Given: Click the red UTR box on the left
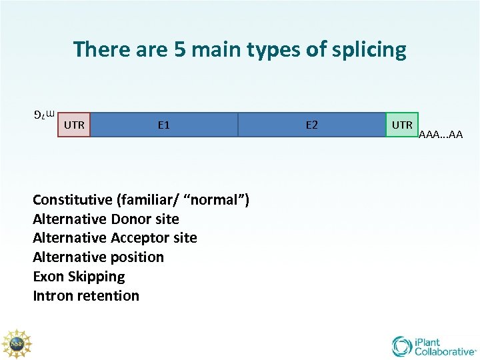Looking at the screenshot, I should pyautogui.click(x=74, y=125).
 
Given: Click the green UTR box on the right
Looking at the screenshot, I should pyautogui.click(x=402, y=125).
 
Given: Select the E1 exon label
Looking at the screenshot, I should pyautogui.click(x=163, y=125).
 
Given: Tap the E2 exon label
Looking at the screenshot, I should pyautogui.click(x=311, y=125).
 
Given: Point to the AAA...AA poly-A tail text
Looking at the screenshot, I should pyautogui.click(x=441, y=135).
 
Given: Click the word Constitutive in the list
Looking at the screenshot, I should pyautogui.click(x=73, y=199).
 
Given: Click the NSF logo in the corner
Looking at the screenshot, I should pyautogui.click(x=17, y=345).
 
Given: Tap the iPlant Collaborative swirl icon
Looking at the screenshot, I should pyautogui.click(x=402, y=346).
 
